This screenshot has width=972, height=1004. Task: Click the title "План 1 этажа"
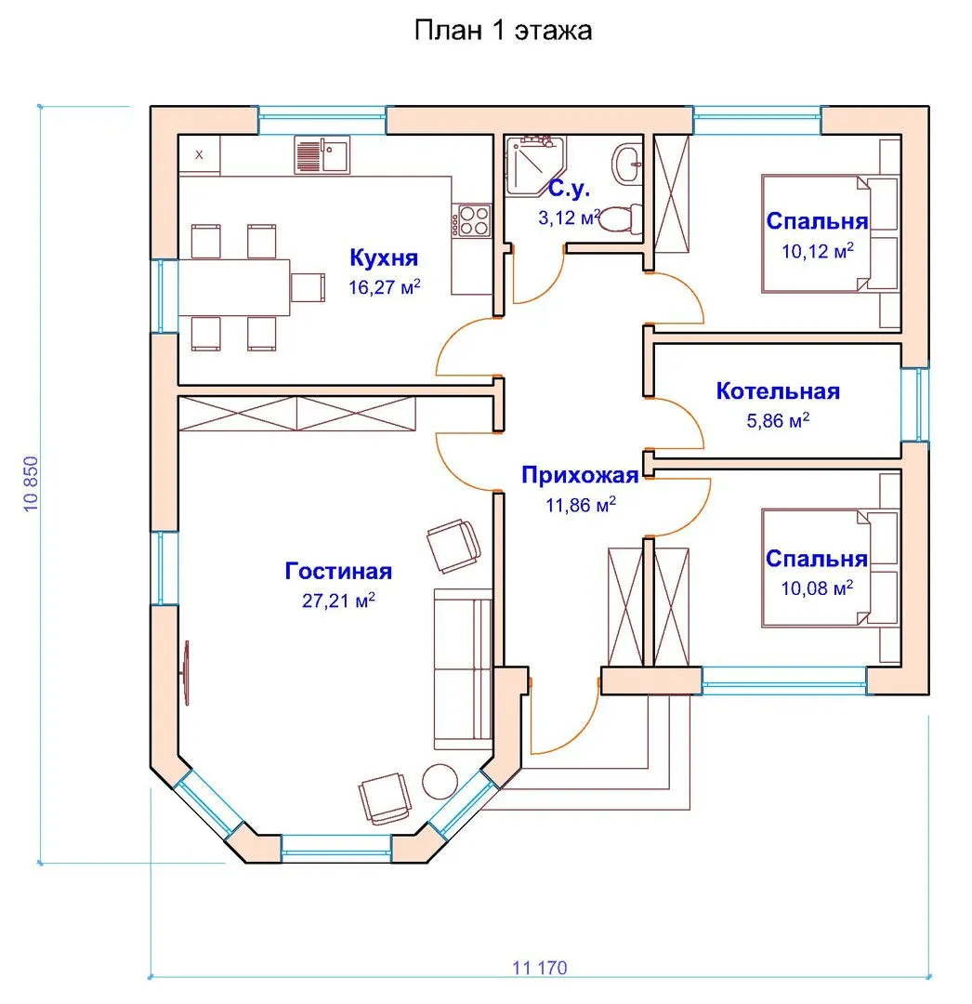coord(503,30)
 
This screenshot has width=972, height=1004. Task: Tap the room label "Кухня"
coord(383,258)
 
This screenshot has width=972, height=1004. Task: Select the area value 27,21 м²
coord(338,600)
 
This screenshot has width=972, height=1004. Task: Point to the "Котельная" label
coord(778,390)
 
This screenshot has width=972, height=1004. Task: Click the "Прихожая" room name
coord(580,475)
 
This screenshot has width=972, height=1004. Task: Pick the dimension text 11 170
coord(539,968)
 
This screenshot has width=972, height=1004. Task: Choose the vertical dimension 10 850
coord(31,484)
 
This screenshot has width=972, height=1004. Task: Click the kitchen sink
coord(322,154)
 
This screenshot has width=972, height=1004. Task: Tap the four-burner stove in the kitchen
coord(472,219)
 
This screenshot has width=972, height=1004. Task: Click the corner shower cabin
coord(533,164)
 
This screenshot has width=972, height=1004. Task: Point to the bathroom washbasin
coord(627,165)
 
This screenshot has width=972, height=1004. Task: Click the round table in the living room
coord(440,782)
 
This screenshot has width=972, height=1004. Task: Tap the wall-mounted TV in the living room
coord(186,673)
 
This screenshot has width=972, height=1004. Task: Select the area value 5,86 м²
coord(778,421)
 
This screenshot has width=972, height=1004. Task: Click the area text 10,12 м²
coord(817,250)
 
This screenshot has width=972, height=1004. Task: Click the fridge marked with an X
coord(199,154)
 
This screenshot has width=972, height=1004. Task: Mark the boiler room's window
coord(915,404)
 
